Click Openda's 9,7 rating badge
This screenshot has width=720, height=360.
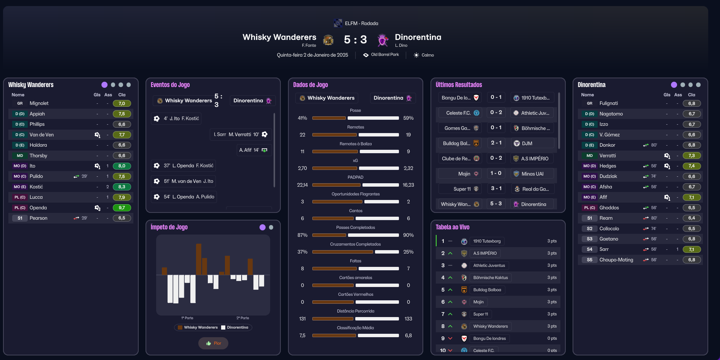(122, 208)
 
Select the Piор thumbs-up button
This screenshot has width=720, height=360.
(213, 343)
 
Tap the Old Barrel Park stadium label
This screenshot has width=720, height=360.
(385, 55)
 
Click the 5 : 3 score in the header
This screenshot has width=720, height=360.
(355, 40)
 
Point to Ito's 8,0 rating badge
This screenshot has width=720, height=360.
(122, 166)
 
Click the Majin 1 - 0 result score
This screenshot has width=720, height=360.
(495, 173)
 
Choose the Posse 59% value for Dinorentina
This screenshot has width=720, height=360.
(408, 118)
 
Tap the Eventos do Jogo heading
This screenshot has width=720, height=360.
(170, 85)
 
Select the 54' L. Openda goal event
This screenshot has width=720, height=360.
(184, 197)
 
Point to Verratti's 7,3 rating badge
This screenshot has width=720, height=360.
(692, 155)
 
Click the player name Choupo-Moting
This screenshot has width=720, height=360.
(616, 260)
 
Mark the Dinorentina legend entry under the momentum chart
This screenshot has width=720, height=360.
(235, 327)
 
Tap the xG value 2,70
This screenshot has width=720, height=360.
(302, 168)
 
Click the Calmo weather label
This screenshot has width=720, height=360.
(427, 55)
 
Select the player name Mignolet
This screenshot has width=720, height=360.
(39, 103)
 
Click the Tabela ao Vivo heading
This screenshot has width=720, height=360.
(452, 227)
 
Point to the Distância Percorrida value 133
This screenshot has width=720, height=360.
(408, 319)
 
